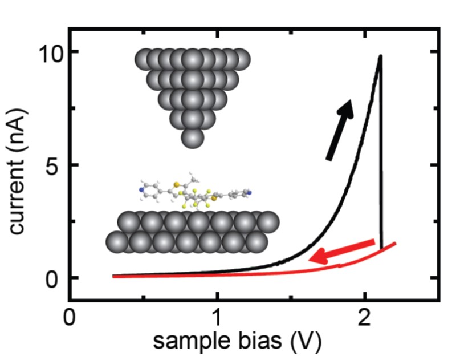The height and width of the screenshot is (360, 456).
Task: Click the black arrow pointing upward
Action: coord(340,129)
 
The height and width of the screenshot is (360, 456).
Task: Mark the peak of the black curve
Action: coord(380,56)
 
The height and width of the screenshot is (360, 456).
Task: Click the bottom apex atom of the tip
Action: coord(193,138)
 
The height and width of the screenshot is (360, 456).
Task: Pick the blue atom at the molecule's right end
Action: coord(249,192)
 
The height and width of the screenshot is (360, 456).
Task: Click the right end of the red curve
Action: coord(394,244)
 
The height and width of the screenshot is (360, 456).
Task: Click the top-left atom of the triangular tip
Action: coord(145,59)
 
